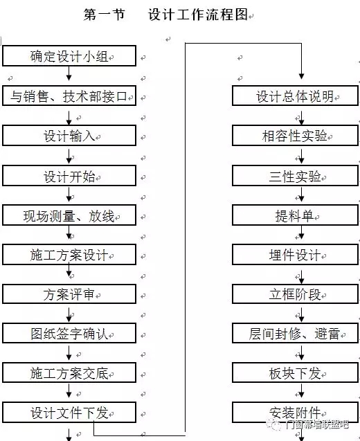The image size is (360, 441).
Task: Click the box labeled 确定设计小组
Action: tap(69, 55)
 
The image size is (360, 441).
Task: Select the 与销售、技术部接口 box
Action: tap(69, 96)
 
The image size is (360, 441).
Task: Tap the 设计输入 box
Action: tap(69, 136)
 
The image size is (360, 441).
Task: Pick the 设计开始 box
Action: tap(69, 176)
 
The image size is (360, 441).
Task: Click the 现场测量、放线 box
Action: tap(69, 215)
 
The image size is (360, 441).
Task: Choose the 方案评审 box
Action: tap(69, 294)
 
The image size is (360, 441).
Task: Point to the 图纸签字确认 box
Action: tap(69, 333)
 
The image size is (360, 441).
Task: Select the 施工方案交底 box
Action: tap(69, 372)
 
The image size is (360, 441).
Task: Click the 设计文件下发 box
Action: tap(69, 413)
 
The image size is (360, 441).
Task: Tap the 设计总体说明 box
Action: tap(295, 96)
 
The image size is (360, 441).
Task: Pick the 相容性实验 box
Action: tap(295, 136)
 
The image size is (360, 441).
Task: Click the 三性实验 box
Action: tap(295, 176)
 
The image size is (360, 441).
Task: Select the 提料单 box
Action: tap(295, 215)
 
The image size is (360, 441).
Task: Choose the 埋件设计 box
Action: tap(295, 255)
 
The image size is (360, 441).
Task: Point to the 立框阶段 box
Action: tap(295, 294)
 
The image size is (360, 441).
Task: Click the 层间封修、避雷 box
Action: tap(295, 333)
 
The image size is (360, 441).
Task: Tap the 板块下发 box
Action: tap(295, 372)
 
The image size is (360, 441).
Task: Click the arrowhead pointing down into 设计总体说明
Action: tap(302, 76)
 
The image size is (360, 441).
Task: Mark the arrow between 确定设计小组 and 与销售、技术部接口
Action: tap(69, 73)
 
